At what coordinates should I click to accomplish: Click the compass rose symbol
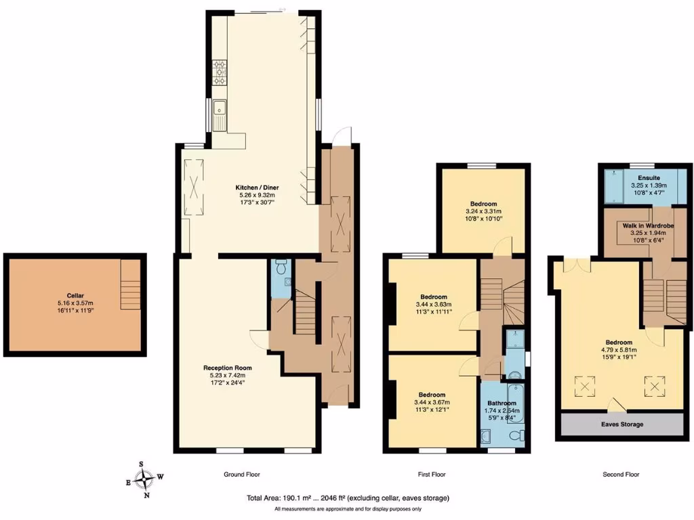pos(144,479)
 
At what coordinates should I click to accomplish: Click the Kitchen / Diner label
pos(257,188)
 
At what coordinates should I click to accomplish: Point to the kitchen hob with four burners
pos(220,72)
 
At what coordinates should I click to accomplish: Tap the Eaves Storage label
pos(622,425)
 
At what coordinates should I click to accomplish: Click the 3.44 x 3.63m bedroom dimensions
pos(433,305)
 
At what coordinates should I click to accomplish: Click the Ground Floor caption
pos(242,475)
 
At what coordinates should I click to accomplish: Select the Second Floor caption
pos(621,475)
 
